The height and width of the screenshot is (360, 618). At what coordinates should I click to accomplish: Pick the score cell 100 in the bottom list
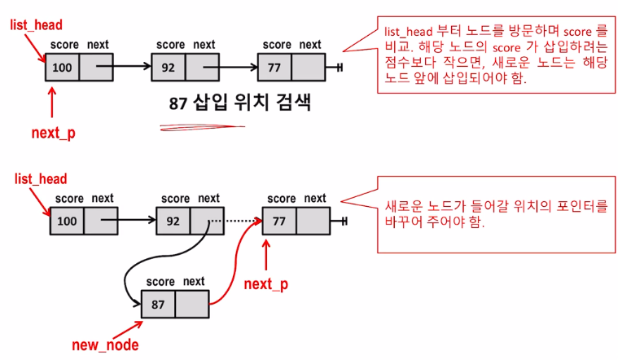67,222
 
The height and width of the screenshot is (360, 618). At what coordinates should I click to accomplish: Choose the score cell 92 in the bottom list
173,222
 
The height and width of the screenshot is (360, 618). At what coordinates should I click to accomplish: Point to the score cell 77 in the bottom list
279,222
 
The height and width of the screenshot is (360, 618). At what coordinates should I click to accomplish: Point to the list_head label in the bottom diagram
41,178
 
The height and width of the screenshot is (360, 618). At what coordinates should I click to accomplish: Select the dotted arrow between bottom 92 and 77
238,222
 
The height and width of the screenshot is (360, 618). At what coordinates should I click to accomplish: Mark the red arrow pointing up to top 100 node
54,103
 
